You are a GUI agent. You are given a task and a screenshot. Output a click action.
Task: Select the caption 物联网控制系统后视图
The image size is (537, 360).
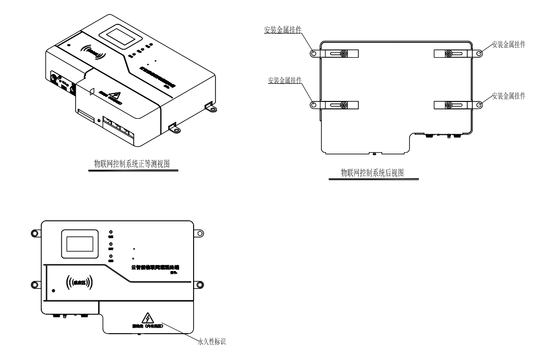372,173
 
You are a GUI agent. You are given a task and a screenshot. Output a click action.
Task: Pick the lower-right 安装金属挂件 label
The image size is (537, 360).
508,95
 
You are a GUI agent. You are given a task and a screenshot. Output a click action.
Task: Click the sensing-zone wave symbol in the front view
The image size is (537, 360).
79,283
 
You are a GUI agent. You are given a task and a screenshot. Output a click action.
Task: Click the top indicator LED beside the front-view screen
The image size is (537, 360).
111,232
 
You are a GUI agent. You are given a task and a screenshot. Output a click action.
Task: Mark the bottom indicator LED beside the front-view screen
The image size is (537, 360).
111,256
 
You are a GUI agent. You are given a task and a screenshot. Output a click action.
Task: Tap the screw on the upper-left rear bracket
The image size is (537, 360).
343,54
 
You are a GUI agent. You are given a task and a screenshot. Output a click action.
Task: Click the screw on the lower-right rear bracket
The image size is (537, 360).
449,104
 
